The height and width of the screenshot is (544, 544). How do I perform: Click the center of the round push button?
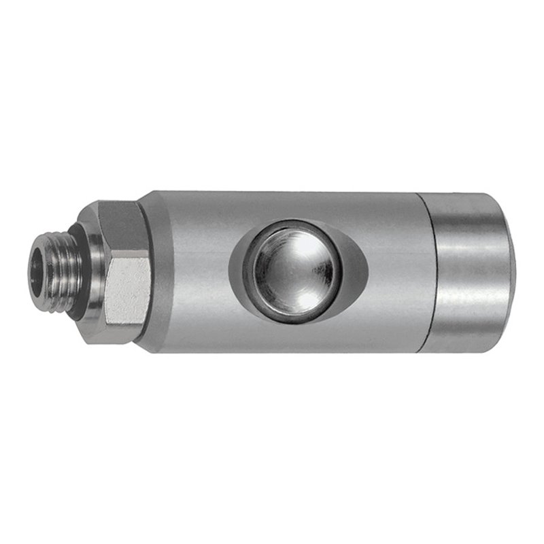294,270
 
